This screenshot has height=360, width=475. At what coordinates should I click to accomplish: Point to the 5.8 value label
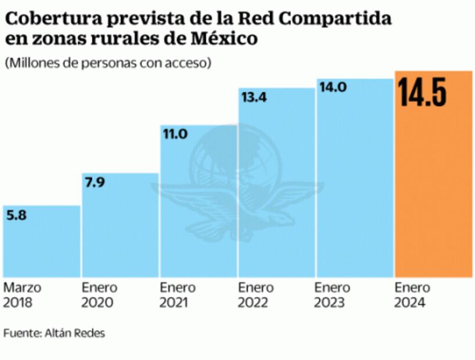[x=16, y=215]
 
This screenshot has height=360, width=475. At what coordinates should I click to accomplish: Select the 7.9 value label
[x=95, y=183]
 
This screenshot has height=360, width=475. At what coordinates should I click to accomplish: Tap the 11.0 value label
[x=174, y=134]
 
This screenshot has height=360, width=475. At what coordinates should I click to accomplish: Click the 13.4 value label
[x=253, y=98]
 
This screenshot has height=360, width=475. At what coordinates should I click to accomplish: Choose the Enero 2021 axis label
[x=178, y=295]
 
